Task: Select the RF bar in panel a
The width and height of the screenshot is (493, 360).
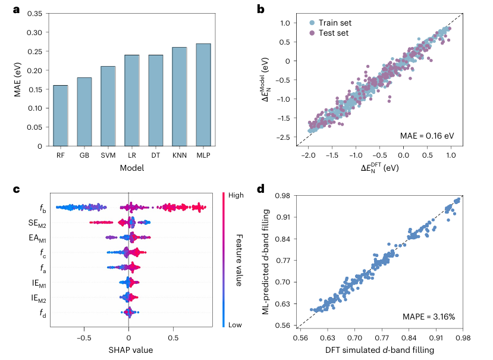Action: pos(60,115)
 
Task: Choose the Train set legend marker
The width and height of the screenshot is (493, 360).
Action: pos(312,23)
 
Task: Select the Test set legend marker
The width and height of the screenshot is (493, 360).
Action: pos(312,33)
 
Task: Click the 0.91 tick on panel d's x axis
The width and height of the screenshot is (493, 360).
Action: pos(437,337)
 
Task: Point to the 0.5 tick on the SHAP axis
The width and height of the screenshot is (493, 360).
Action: pos(173,337)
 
